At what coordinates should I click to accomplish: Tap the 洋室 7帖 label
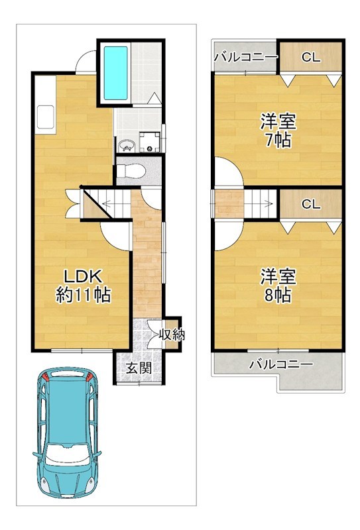click(x=277, y=131)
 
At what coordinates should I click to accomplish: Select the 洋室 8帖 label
click(x=277, y=286)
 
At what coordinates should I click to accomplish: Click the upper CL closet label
click(x=310, y=58)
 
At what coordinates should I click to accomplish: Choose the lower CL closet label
click(x=310, y=204)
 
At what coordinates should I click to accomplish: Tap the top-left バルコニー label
click(x=245, y=58)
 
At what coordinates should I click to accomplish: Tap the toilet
click(x=133, y=170)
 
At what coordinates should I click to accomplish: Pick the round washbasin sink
click(x=125, y=145)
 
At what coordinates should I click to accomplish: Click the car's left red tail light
click(x=45, y=378)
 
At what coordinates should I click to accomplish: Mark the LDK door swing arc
click(x=114, y=235)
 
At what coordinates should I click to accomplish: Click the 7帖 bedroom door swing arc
click(x=227, y=174)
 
